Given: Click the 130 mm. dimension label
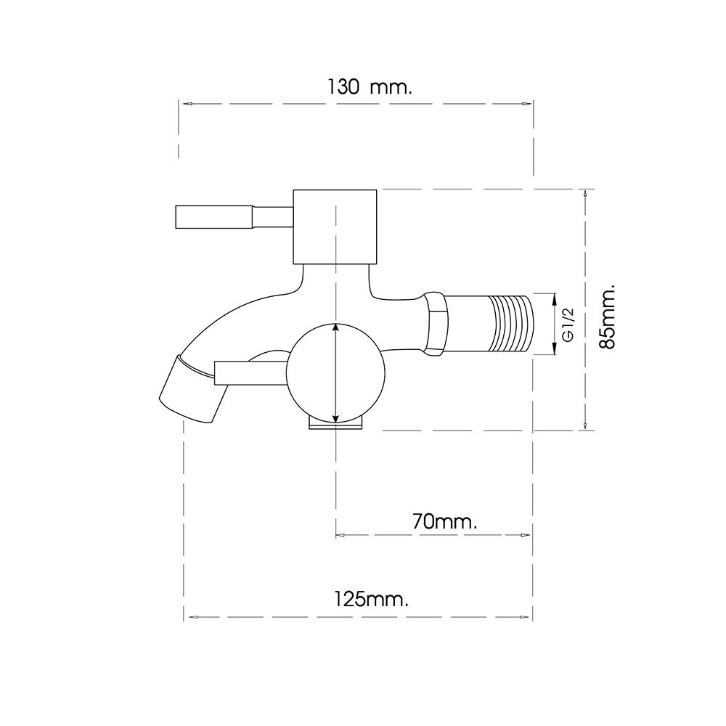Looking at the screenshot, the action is point(370,87).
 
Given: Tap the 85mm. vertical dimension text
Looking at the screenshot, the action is point(607,317).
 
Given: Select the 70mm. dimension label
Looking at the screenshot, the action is point(444,522).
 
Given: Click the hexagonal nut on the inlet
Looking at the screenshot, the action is point(436,324).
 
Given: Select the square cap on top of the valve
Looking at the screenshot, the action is point(335,227).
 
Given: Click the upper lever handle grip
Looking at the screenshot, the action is point(214,217).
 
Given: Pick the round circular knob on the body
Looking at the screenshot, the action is point(335,373).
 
